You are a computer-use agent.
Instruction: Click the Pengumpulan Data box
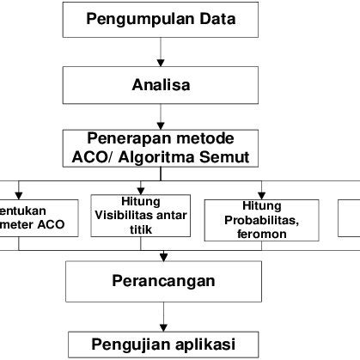(161, 20)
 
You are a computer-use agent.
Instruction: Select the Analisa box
(161, 86)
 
